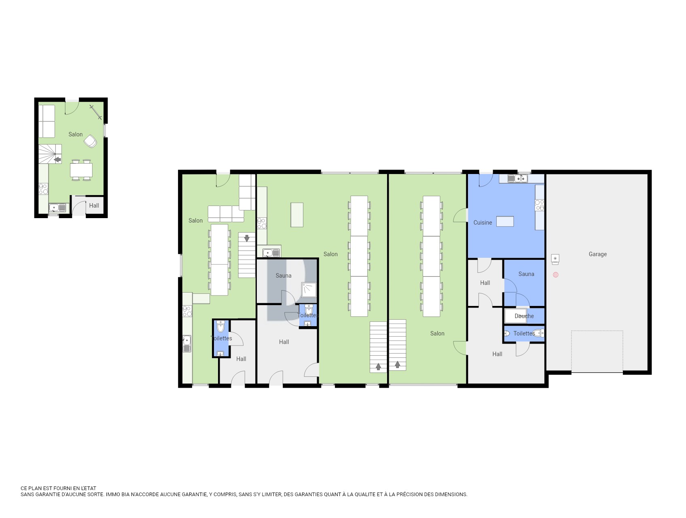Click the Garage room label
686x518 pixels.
click(597, 254)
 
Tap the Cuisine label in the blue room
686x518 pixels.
click(483, 223)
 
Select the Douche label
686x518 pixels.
click(524, 316)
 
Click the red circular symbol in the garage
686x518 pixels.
click(556, 275)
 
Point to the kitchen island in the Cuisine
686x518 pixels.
click(505, 221)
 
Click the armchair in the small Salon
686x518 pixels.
click(91, 141)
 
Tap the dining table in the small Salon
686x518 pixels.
click(81, 170)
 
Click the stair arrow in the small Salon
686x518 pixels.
click(57, 159)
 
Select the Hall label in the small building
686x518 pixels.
click(94, 206)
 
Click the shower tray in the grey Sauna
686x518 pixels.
click(309, 290)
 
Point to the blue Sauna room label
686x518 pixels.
click(526, 274)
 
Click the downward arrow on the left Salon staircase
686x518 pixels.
click(247, 238)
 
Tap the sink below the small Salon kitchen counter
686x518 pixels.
click(57, 208)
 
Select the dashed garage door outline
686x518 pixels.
click(597, 351)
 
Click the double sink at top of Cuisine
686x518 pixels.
click(518, 178)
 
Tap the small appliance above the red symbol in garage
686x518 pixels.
click(555, 258)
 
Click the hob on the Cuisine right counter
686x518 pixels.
click(540, 205)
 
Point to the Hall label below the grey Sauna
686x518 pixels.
click(284, 342)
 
